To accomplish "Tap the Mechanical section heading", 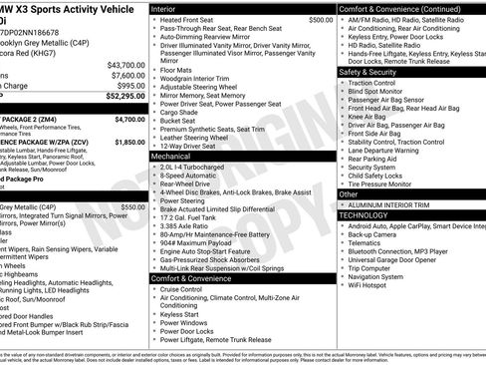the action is tap(171, 157).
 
